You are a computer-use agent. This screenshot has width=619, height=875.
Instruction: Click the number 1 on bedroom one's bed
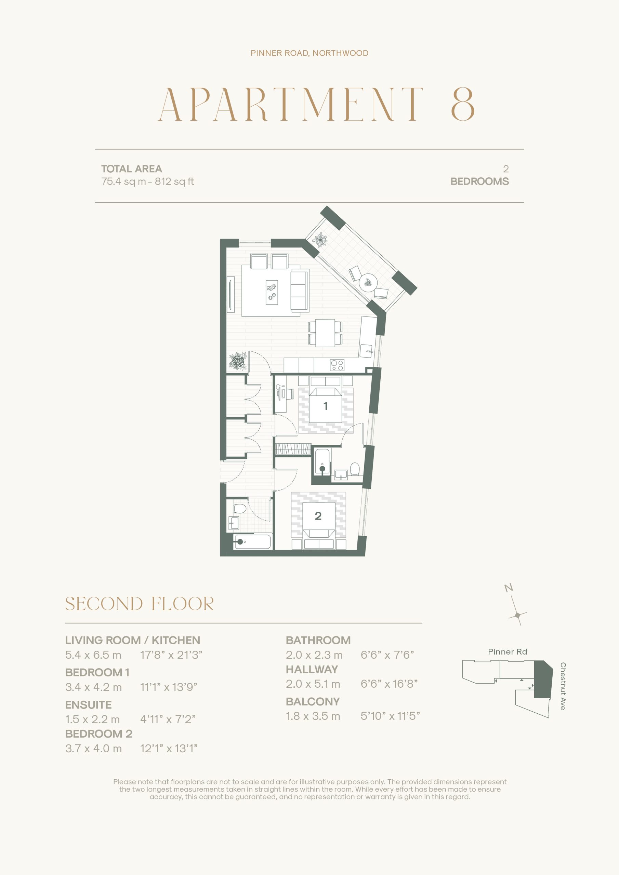pos(325,406)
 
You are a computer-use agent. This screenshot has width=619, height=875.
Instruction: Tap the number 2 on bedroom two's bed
pos(318,516)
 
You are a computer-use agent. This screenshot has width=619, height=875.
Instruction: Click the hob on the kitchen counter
pos(337,365)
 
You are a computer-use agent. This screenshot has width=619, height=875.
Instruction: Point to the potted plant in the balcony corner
pos(320,240)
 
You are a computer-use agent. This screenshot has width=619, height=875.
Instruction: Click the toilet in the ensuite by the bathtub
pos(355,469)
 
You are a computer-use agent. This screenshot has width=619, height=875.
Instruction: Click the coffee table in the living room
pos(272,292)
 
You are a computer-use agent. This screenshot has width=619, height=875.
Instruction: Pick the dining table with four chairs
pos(325,333)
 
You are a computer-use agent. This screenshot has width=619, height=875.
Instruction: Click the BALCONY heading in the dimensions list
pos(313,702)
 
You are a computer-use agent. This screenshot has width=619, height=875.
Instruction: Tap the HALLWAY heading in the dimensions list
pos(312,669)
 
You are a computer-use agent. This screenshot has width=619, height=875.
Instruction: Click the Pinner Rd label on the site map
pos(507,652)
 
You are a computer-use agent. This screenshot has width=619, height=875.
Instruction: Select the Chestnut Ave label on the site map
pos(563,686)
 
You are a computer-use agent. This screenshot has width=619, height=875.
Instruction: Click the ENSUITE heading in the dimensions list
pos(89,705)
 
